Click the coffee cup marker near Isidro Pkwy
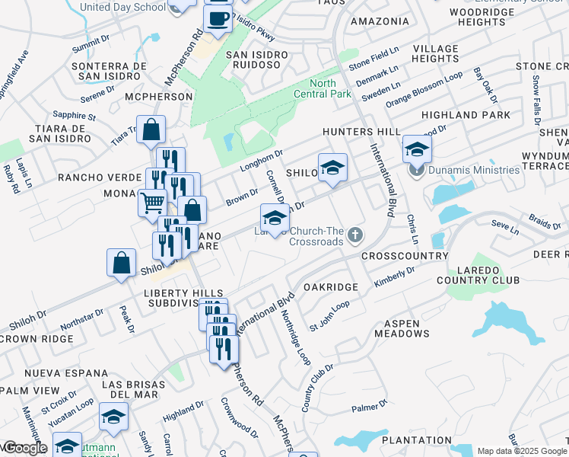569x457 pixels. coord(218,18)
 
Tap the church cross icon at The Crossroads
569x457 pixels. coord(355,237)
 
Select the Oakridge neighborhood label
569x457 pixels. coord(330,287)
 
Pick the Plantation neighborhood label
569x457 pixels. coord(417,440)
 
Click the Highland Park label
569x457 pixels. coord(477,115)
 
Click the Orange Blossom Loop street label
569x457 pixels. coord(424,90)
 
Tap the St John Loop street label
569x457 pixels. coord(329,316)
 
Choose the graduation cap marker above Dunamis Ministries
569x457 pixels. coord(417,149)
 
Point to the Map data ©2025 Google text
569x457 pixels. coord(521,451)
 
